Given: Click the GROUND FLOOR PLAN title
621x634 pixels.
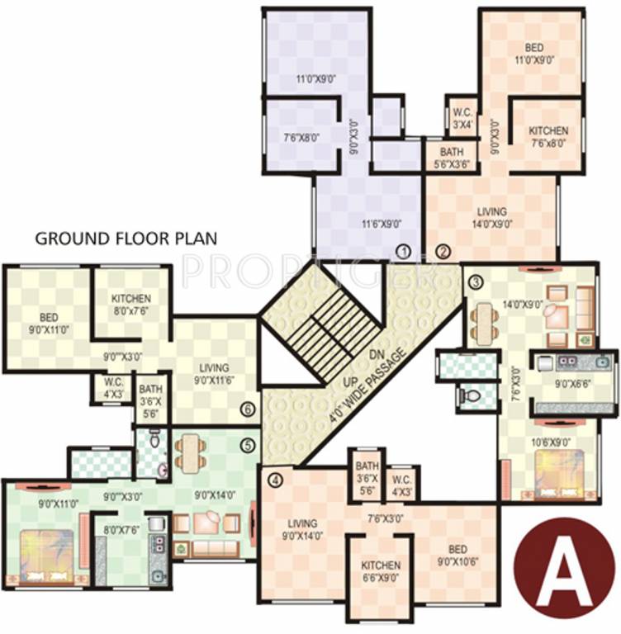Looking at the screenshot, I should click(x=125, y=239).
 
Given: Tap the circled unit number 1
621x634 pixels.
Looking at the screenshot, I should click(x=403, y=252).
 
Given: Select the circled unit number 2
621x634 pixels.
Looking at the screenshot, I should click(x=443, y=252).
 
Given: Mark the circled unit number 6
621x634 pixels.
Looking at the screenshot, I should click(x=246, y=409).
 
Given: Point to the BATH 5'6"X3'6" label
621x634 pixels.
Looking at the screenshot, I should click(x=451, y=158).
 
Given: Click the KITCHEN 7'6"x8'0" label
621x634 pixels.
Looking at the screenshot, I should click(x=548, y=136).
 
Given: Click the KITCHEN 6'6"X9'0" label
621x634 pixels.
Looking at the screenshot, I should click(x=381, y=571).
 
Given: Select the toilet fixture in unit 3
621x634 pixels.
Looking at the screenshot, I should click(x=467, y=396).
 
